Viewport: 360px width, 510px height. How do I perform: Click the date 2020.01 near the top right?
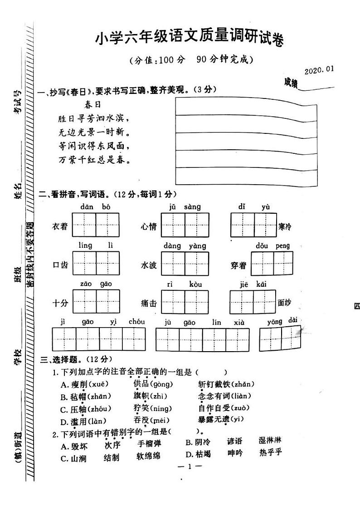click(319, 70)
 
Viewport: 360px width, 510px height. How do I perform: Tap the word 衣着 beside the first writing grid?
click(60, 226)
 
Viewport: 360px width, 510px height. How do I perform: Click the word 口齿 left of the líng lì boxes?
click(60, 265)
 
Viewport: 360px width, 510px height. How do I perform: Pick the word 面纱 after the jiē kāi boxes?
click(284, 303)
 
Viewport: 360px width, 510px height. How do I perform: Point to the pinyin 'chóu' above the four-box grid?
click(136, 322)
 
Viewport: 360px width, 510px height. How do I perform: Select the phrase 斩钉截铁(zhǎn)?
click(226, 384)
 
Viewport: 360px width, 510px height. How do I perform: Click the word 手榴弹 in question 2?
click(150, 444)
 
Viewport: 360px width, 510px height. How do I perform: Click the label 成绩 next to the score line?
click(291, 82)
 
